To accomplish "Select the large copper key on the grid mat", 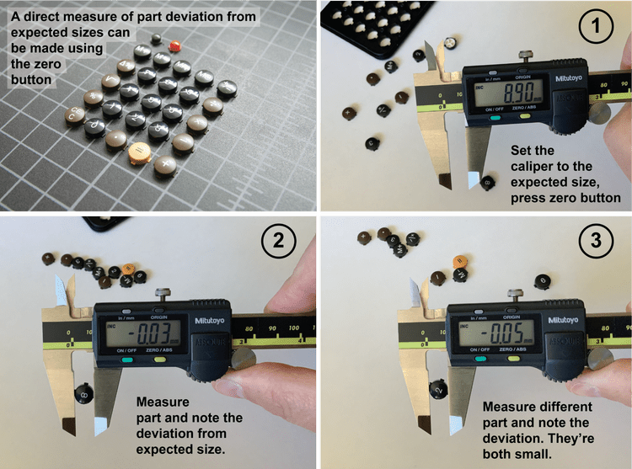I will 137,152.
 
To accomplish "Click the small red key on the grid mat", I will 175,45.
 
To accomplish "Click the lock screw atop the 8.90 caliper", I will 526,56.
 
